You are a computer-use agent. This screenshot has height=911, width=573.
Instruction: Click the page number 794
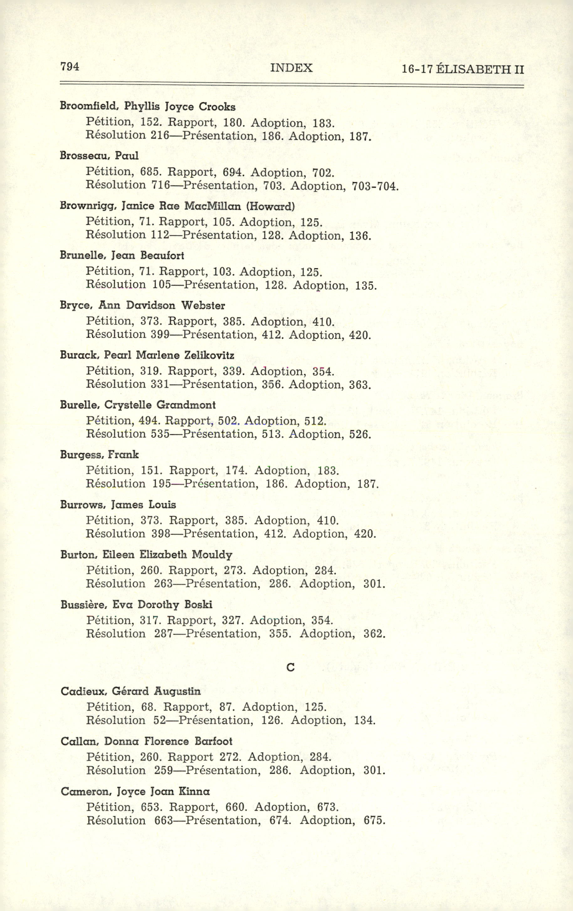[70, 67]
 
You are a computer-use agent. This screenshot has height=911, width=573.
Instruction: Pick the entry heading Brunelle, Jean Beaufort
[122, 256]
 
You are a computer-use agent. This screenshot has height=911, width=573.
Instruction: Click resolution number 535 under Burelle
[160, 434]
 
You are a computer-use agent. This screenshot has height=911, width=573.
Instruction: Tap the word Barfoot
[213, 741]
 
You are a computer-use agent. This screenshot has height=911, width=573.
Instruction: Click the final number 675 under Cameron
[374, 820]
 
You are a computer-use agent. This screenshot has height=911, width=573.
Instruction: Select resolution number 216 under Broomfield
[159, 135]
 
